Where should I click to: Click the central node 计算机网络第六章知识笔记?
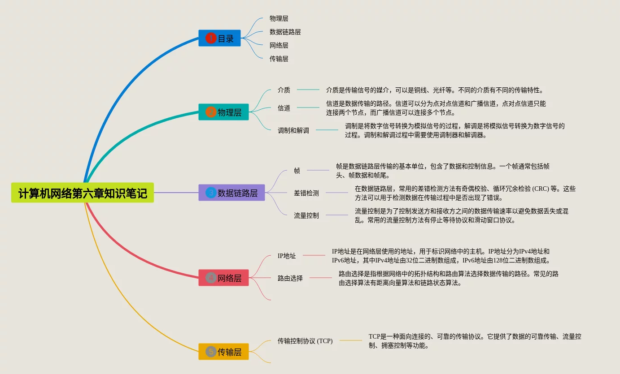coord(83,193)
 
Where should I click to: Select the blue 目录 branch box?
coord(219,39)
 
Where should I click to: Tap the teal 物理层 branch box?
coord(223,112)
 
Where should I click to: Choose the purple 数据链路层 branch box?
coord(231,193)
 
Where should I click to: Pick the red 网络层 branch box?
coord(223,278)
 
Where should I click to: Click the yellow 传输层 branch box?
coord(223,352)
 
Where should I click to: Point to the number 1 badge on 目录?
coord(211,39)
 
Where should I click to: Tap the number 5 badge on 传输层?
coord(211,352)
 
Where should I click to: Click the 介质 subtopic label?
coord(284,90)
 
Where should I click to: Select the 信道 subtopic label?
coord(284,108)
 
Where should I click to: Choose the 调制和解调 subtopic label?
coord(293,130)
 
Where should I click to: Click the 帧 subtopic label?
coord(297,171)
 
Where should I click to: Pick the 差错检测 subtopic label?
coord(306,193)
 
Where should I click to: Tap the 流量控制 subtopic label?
coord(306,215)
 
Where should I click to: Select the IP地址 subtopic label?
coord(287,256)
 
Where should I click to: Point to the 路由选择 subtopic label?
coord(290,278)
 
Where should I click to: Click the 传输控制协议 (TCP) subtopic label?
coord(305,341)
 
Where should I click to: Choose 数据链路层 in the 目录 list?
coord(285,32)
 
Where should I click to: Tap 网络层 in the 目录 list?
coord(279,45)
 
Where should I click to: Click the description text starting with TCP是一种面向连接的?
coord(475,341)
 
